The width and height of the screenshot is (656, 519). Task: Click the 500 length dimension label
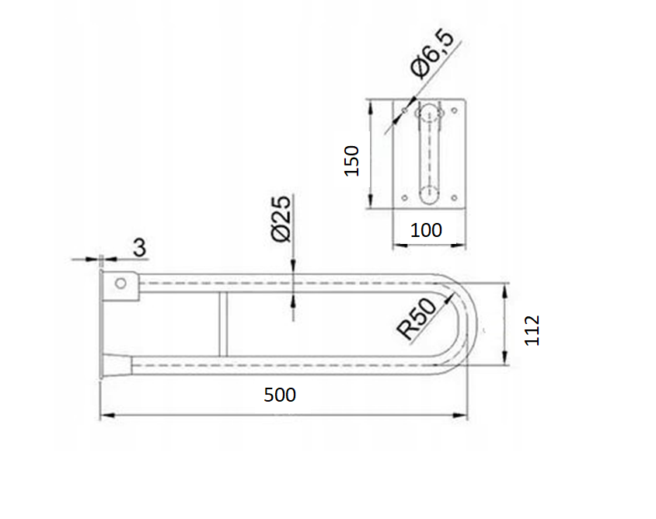[280, 395]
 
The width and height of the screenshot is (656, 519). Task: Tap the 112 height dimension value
[532, 330]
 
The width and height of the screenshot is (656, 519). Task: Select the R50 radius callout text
[417, 319]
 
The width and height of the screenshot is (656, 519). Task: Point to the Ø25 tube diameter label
[281, 219]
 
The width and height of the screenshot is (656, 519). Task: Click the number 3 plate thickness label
[139, 248]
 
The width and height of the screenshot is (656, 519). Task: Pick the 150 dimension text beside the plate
[351, 161]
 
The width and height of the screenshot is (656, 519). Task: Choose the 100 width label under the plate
[426, 231]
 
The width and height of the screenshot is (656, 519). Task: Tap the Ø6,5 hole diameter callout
[432, 54]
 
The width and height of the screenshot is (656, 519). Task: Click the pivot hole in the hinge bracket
[120, 283]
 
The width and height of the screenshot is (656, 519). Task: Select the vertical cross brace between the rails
[223, 325]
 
